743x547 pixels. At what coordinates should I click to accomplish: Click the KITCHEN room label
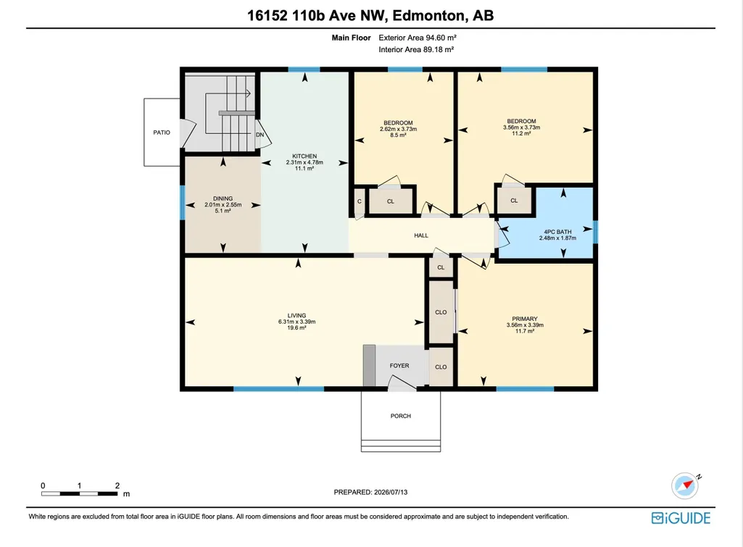pyautogui.click(x=304, y=156)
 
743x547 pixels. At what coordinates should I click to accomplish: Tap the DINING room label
pyautogui.click(x=223, y=199)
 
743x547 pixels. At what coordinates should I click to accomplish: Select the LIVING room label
pyautogui.click(x=296, y=315)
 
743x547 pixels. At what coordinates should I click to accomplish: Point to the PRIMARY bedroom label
pyautogui.click(x=525, y=319)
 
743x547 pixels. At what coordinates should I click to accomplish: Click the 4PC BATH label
pyautogui.click(x=557, y=232)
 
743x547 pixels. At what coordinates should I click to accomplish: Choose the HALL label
pyautogui.click(x=420, y=235)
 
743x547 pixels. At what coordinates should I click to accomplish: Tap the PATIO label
pyautogui.click(x=162, y=133)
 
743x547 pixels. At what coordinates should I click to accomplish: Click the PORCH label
pyautogui.click(x=400, y=416)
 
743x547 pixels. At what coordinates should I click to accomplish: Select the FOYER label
pyautogui.click(x=399, y=366)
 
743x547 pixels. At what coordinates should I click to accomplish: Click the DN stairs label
pyautogui.click(x=260, y=135)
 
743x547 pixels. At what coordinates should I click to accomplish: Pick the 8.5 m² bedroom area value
pyautogui.click(x=398, y=135)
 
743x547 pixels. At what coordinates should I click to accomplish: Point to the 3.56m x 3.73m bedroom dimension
pyautogui.click(x=521, y=128)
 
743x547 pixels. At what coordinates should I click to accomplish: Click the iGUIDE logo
pyautogui.click(x=681, y=518)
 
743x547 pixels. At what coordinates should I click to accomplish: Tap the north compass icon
pyautogui.click(x=685, y=485)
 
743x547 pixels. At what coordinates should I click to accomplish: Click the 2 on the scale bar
pyautogui.click(x=117, y=485)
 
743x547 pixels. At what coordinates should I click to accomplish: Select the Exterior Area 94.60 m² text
pyautogui.click(x=418, y=38)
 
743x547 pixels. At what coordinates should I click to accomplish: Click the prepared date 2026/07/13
pyautogui.click(x=391, y=492)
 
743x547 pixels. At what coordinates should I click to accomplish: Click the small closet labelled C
pyautogui.click(x=360, y=201)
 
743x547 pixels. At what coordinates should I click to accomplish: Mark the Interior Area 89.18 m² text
pyautogui.click(x=416, y=50)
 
